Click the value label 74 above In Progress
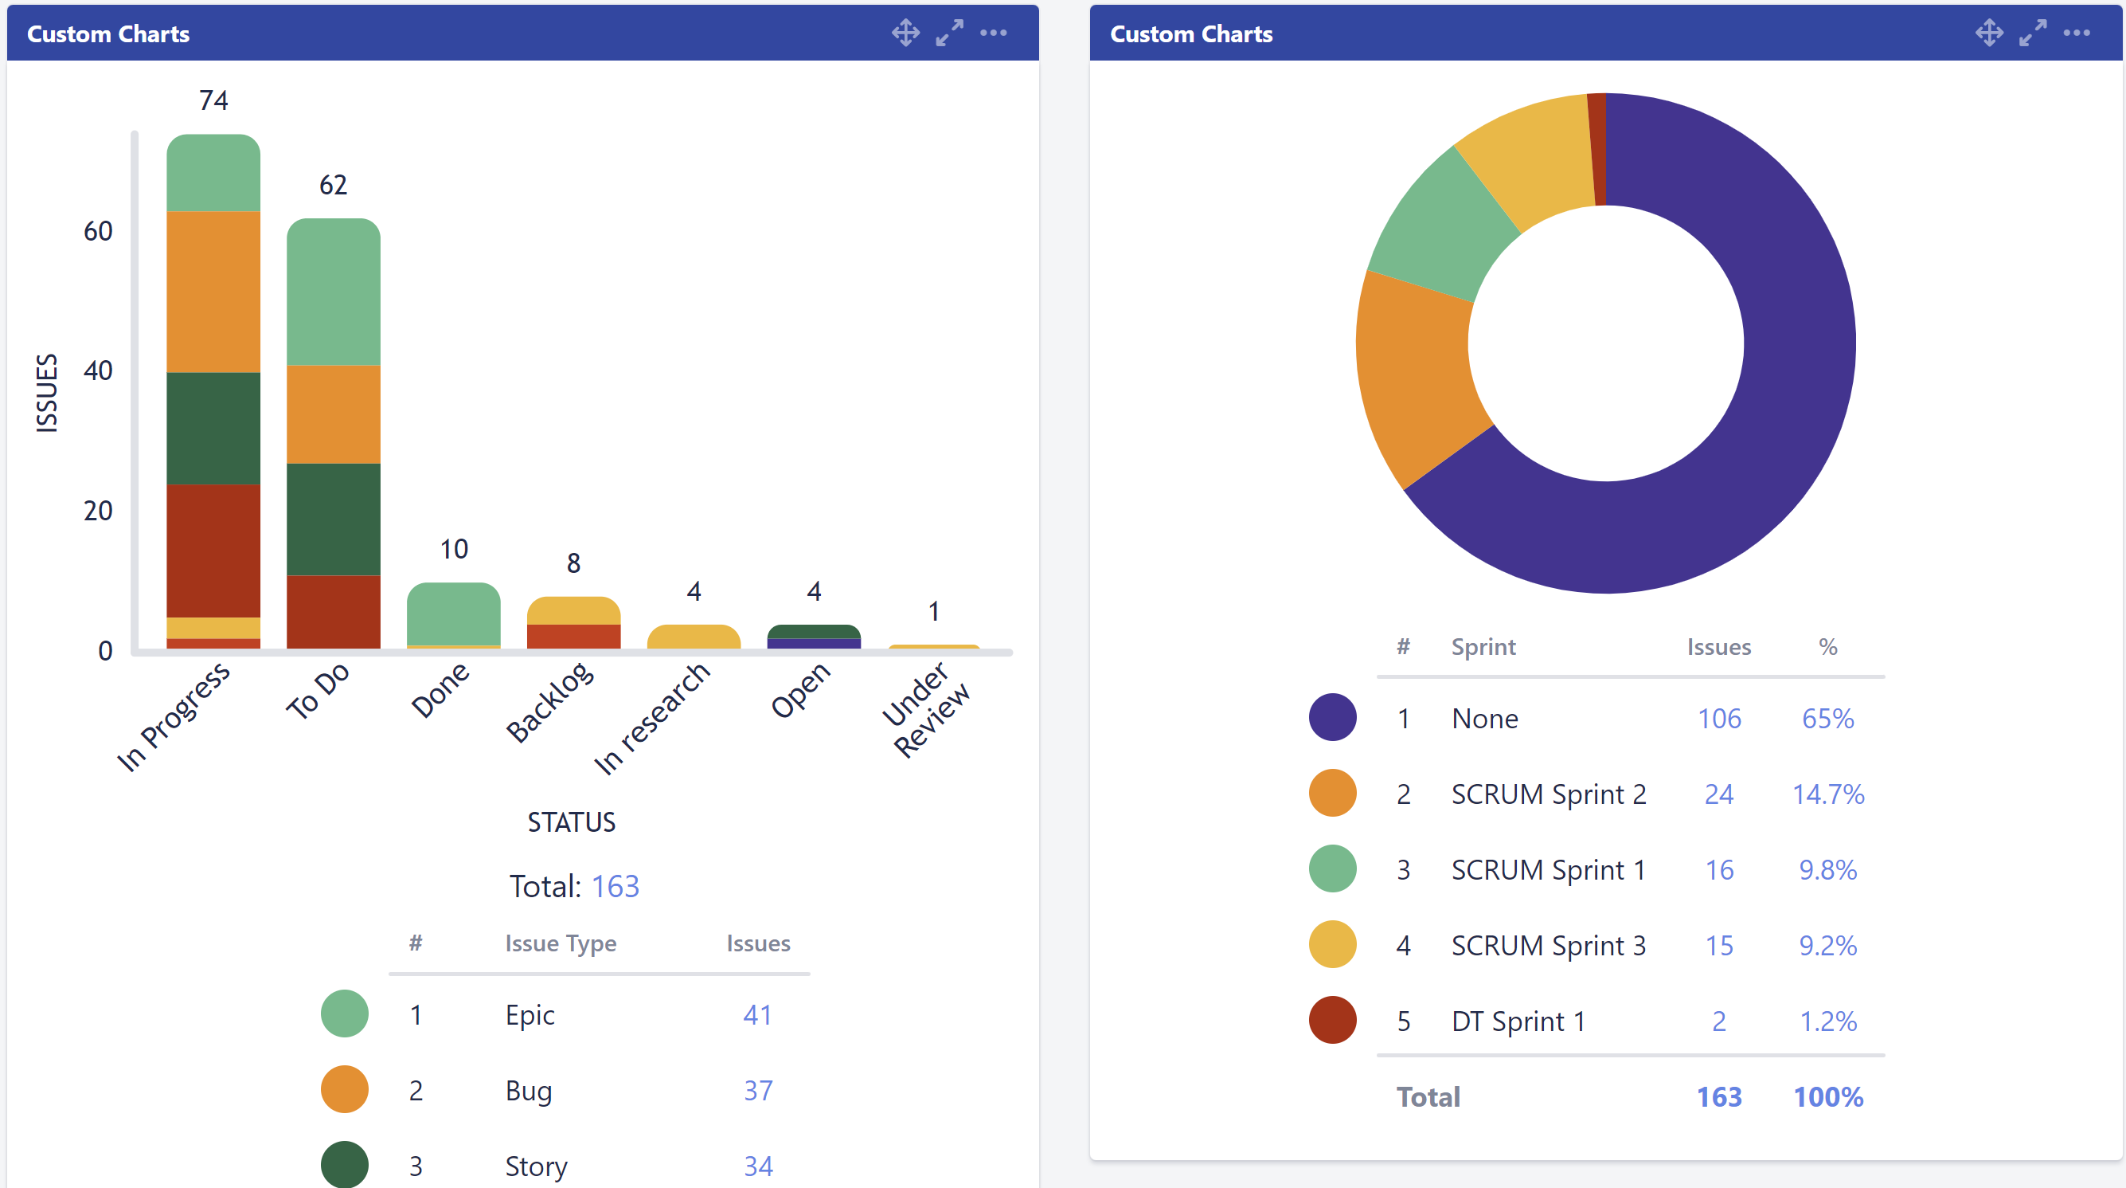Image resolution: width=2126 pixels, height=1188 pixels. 213,100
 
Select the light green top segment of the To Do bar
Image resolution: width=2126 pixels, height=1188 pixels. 334,293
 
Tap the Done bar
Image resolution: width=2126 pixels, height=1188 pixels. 453,615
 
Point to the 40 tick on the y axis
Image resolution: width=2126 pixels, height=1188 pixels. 97,371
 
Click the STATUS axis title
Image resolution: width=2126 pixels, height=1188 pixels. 571,822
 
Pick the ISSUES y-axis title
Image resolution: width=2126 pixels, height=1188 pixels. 47,393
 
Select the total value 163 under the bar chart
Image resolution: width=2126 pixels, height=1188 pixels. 615,887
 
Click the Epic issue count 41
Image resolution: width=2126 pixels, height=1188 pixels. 756,1014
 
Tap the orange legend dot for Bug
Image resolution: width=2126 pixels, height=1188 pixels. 344,1090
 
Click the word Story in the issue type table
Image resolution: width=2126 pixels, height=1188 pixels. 536,1166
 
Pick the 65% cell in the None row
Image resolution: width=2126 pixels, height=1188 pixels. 1827,718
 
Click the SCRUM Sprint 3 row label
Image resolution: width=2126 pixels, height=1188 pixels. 1548,945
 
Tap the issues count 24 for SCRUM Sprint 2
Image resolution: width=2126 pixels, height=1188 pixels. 1718,794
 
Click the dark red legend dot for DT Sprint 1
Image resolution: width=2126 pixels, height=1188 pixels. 1332,1021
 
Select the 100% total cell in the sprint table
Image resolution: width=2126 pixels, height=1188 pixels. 1827,1097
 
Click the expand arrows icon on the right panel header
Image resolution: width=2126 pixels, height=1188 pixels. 2033,33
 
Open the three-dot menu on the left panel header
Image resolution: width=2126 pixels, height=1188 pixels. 993,33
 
